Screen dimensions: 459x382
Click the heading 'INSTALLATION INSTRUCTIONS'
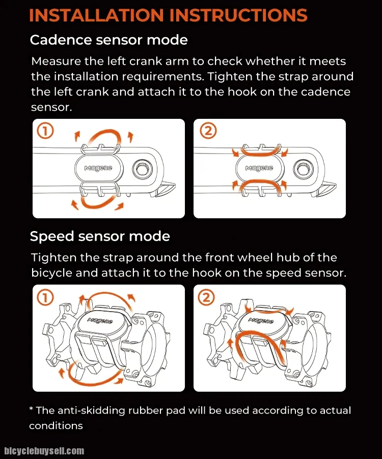pos(168,15)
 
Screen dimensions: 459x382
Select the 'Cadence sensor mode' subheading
pos(108,40)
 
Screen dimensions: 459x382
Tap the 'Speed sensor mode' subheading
pos(100,237)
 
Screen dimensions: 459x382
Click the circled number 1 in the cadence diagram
pos(45,132)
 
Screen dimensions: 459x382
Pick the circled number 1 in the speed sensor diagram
pos(45,298)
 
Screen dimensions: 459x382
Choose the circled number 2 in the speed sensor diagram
pos(207,298)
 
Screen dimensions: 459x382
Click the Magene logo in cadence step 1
pos(98,168)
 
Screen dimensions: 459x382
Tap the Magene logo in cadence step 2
pos(259,168)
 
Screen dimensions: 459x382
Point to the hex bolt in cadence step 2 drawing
pos(303,168)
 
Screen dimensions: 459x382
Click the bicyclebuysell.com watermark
pos(44,451)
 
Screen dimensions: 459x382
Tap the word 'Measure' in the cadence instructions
pos(58,61)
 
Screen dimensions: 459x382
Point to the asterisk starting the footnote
pos(31,410)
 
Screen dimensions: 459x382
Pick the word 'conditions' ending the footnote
pos(56,425)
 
